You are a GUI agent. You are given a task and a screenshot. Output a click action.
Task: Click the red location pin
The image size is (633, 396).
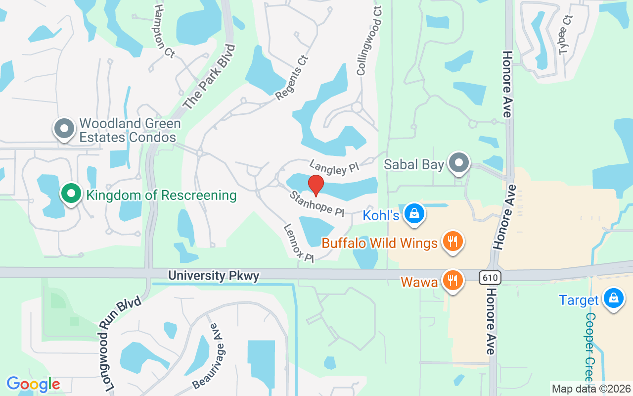pyautogui.click(x=316, y=186)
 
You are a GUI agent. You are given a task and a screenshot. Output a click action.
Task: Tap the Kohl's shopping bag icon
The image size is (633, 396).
pyautogui.click(x=414, y=214)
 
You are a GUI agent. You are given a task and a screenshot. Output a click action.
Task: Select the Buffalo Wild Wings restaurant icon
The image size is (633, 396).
pyautogui.click(x=452, y=242)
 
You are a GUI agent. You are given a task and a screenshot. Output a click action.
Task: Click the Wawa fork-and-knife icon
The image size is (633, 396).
pyautogui.click(x=452, y=280)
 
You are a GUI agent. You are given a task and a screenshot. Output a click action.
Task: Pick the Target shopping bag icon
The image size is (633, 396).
pyautogui.click(x=614, y=298)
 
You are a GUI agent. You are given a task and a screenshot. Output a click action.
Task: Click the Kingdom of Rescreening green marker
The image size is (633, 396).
pyautogui.click(x=71, y=194)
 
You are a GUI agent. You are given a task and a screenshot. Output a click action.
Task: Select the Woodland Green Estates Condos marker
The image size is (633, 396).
pyautogui.click(x=64, y=129)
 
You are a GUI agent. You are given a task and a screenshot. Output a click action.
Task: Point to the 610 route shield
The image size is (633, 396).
pyautogui.click(x=490, y=278)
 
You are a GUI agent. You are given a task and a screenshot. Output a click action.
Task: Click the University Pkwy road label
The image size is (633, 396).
pyautogui.click(x=214, y=276)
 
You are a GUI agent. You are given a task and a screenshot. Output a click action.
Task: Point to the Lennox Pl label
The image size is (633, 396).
pyautogui.click(x=299, y=243)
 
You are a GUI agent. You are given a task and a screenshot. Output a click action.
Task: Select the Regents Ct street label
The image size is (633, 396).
pyautogui.click(x=292, y=78)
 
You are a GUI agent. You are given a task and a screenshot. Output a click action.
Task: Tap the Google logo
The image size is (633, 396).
pyautogui.click(x=33, y=384)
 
